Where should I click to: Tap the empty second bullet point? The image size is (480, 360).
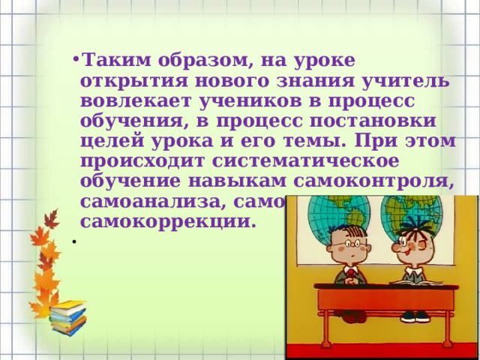[x=75, y=241]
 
